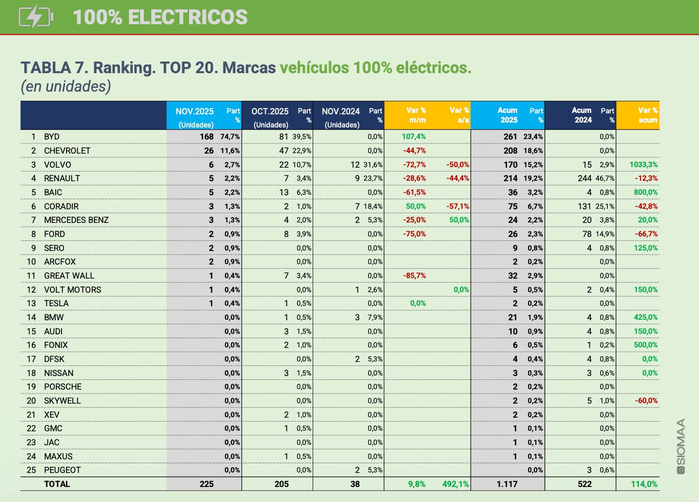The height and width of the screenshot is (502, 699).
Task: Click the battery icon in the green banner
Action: coord(35,16)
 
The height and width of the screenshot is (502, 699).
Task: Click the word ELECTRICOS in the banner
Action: coord(188,17)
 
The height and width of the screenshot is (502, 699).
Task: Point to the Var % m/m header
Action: coord(416,115)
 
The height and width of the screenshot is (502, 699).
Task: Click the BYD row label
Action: coord(51,137)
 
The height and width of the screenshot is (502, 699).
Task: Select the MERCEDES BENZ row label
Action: coord(76,220)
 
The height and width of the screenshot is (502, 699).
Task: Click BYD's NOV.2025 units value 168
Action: coord(207,137)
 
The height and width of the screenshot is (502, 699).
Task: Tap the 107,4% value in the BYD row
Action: coord(413,137)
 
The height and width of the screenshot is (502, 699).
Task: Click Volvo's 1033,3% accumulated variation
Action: coord(643,165)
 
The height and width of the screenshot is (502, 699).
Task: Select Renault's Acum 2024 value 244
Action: coord(585,178)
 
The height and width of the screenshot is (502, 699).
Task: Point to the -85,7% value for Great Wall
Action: coord(414,276)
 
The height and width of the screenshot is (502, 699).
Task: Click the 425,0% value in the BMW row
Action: coord(646,317)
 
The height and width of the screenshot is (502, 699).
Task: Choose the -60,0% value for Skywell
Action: coord(646,401)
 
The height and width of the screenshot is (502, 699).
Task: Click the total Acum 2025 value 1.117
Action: coord(507,484)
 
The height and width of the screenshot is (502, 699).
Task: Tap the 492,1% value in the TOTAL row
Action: coord(455,484)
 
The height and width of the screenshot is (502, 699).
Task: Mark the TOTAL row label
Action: coord(57,484)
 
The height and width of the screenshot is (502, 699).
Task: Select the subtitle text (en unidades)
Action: coord(66,86)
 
